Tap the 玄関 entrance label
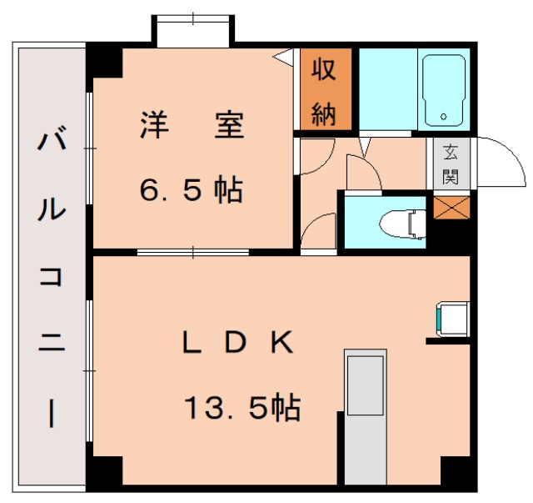(x=451, y=164)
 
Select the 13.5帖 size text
(x=242, y=408)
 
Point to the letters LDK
(x=237, y=341)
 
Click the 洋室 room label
(x=191, y=126)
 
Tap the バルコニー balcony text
(x=50, y=275)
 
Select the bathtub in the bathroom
(x=445, y=89)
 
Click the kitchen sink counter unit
(x=365, y=417)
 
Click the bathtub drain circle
(x=445, y=116)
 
